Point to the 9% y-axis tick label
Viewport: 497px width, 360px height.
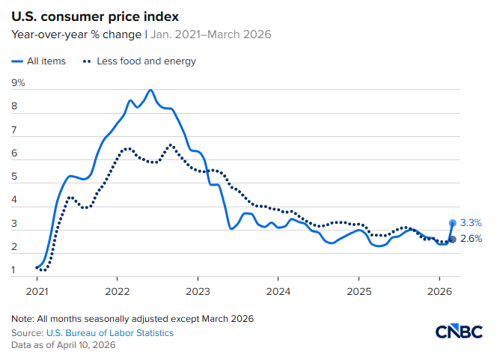[18, 82]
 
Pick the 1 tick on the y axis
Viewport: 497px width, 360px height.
[14, 269]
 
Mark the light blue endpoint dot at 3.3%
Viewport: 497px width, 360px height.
[453, 222]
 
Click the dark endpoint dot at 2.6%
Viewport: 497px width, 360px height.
[453, 240]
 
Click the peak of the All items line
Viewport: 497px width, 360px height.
[151, 90]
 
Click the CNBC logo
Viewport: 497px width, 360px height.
[460, 332]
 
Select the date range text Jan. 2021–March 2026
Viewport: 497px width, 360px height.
[210, 34]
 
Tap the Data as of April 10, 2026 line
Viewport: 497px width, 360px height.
[63, 345]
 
